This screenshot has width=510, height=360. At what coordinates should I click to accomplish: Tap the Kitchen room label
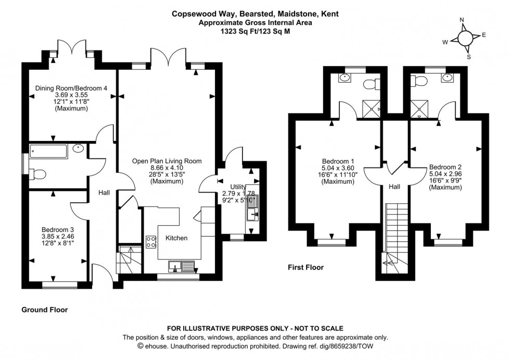pyautogui.click(x=176, y=238)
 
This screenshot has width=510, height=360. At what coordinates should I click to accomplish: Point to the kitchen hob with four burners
pyautogui.click(x=151, y=241)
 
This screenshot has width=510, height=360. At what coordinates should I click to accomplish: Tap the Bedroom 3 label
pyautogui.click(x=57, y=229)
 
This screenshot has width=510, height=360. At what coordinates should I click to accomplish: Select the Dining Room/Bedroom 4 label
pyautogui.click(x=71, y=88)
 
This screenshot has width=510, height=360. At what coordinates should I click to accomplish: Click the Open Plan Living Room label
pyautogui.click(x=167, y=161)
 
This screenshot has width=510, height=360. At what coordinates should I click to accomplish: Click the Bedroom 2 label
pyautogui.click(x=445, y=167)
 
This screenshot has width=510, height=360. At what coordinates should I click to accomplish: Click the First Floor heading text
pyautogui.click(x=306, y=267)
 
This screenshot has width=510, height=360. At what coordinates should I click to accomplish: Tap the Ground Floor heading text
pyautogui.click(x=45, y=310)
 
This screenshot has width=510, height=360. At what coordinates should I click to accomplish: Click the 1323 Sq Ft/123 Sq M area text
pyautogui.click(x=255, y=31)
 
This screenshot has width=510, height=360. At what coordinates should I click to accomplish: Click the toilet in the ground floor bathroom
pyautogui.click(x=39, y=174)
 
